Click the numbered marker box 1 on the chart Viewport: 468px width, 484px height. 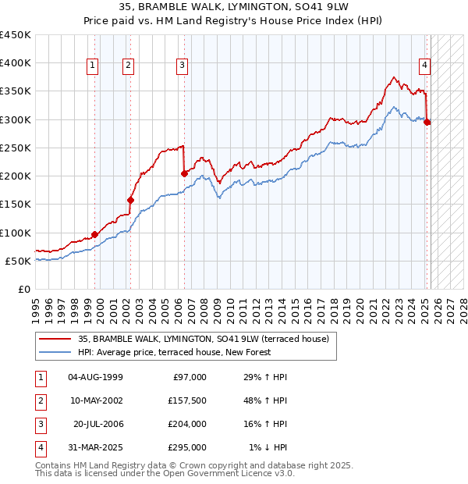coord(94,66)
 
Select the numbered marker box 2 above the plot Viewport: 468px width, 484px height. coord(129,66)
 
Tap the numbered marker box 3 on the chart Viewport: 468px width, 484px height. coord(182,66)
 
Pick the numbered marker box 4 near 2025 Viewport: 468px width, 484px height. coord(425,66)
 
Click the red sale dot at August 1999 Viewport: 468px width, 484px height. coord(94,234)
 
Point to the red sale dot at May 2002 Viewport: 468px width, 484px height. coord(130,200)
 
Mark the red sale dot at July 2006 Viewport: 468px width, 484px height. coord(184,173)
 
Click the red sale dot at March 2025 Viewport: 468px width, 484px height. coord(427,122)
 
